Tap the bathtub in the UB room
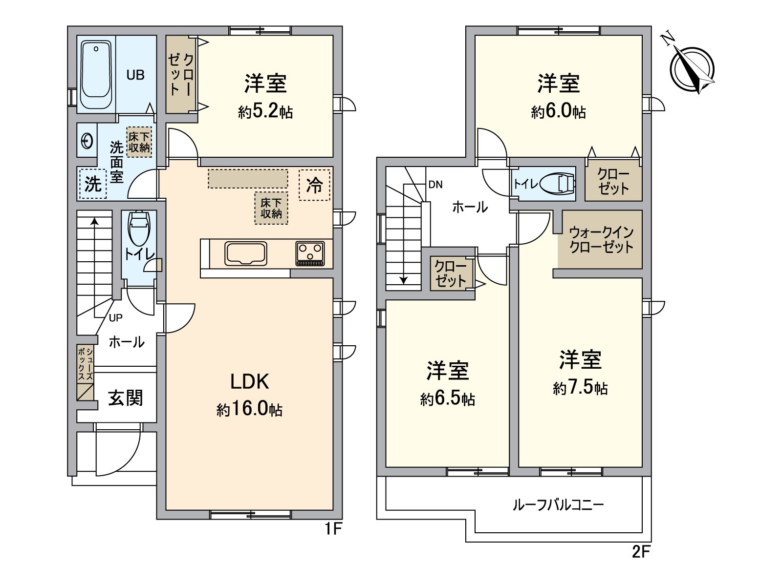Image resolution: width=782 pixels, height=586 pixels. tap(96, 75)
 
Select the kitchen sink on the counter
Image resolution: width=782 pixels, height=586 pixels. tap(246, 253)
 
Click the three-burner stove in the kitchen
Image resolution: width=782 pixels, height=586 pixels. tap(310, 253)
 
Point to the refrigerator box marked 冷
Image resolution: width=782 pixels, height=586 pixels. tap(315, 185)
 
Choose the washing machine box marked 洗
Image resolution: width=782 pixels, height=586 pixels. tap(93, 184)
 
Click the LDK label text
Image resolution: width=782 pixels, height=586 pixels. tap(249, 382)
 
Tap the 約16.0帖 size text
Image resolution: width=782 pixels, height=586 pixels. tap(249, 410)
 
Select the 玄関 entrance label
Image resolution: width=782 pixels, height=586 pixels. tap(126, 398)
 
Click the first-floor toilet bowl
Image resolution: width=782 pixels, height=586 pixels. tap(139, 228)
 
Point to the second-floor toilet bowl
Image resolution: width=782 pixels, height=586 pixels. tap(558, 184)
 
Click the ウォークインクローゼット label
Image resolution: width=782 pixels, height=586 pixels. tap(601, 240)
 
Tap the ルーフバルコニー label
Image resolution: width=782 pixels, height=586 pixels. tap(558, 505)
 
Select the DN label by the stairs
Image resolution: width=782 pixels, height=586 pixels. tap(435, 184)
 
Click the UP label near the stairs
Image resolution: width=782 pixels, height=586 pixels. tap(116, 318)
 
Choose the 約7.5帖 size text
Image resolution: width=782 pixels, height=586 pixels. tap(580, 388)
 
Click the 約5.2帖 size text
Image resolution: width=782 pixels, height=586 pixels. tap(265, 112)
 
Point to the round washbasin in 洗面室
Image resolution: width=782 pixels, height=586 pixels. tap(87, 141)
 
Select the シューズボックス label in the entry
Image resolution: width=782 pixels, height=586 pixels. tap(86, 364)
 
